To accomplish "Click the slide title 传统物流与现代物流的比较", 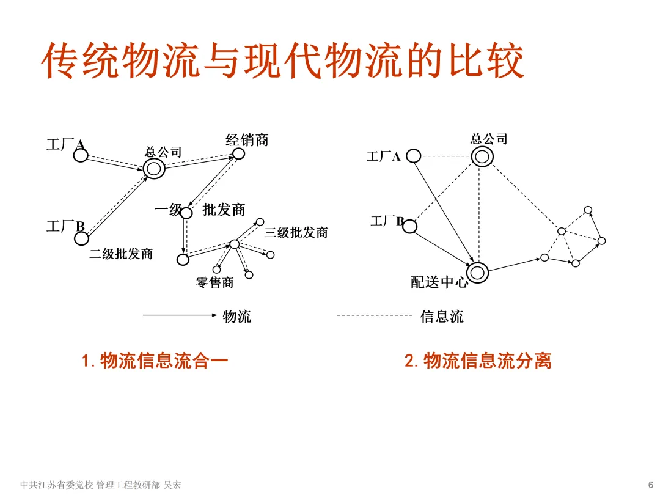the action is click(282, 61).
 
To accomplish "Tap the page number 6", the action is click(650, 485).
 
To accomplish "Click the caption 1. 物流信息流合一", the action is click(155, 361).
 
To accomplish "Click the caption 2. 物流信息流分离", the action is click(478, 361).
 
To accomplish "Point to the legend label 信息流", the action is click(442, 317).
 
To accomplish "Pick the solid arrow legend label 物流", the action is click(237, 317).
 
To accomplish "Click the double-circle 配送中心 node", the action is click(478, 272).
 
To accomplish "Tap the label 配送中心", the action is click(439, 282).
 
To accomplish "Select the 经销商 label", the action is click(247, 140).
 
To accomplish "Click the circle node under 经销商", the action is click(238, 154).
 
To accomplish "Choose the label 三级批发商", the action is click(296, 233).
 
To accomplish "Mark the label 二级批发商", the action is click(121, 254).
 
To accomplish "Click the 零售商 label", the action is click(215, 282).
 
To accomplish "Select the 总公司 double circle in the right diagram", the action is click(482, 156).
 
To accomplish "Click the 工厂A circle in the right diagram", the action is click(414, 156).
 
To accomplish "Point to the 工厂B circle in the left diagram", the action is click(81, 238).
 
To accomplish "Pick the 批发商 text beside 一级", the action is click(224, 210).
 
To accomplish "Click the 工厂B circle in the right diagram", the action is click(409, 226).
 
